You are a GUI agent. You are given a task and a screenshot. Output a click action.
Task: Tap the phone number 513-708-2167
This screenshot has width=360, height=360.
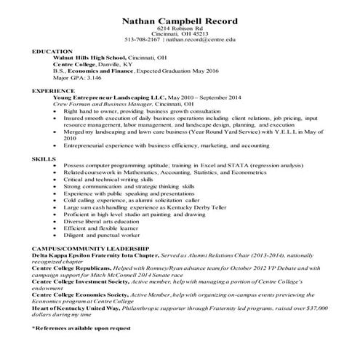pyautogui.click(x=142, y=40)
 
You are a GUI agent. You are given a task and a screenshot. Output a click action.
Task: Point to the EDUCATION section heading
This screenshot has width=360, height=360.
pyautogui.click(x=52, y=52)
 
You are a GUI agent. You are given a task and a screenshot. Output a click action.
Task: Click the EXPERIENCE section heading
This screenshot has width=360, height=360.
pyautogui.click(x=54, y=91)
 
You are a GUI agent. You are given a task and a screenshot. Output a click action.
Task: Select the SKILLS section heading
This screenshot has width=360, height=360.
pyautogui.click(x=43, y=158)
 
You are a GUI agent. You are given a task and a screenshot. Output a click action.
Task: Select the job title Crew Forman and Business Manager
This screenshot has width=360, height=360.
pyautogui.click(x=97, y=104)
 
